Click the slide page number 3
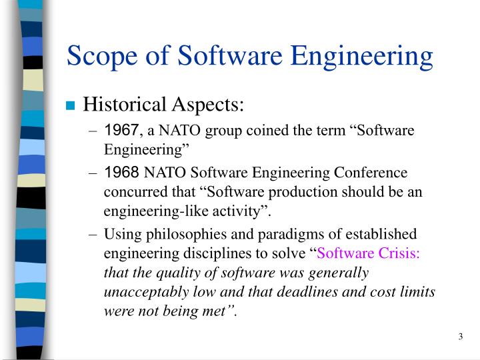(460, 336)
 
